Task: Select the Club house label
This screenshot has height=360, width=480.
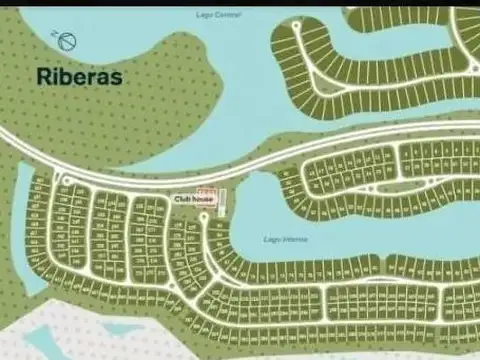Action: pyautogui.click(x=194, y=199)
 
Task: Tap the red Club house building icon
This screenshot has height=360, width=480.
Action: pyautogui.click(x=206, y=190)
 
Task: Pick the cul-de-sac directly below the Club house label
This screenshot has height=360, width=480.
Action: pyautogui.click(x=205, y=216)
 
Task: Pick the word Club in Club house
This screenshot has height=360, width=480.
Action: pyautogui.click(x=182, y=199)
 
